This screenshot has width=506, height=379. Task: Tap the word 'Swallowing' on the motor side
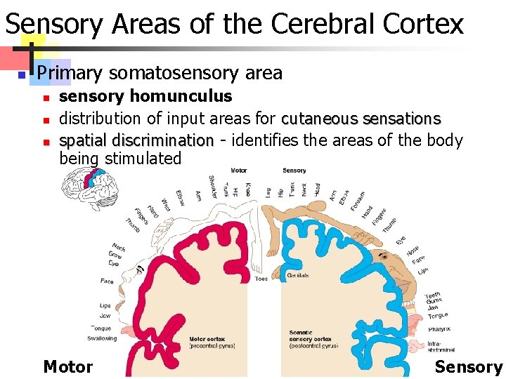pos(102,338)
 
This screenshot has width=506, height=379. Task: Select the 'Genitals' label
pos(297,275)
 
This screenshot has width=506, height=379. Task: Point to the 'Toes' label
pos(261,279)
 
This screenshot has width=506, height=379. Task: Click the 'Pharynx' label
pos(439,328)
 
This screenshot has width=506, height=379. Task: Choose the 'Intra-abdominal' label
pos(440,346)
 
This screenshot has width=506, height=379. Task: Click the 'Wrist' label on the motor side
pos(165,204)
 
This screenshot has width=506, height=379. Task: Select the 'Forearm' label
pos(358,203)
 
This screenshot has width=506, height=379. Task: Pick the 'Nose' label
pos(413,249)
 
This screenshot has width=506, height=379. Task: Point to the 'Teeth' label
pos(433,295)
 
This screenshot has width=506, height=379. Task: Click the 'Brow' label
pos(115,255)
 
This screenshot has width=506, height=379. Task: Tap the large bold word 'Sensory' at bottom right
pos(469,366)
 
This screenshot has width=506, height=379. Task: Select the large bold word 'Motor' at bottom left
pos(68,366)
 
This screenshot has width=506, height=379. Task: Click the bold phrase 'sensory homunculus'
pos(145,95)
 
